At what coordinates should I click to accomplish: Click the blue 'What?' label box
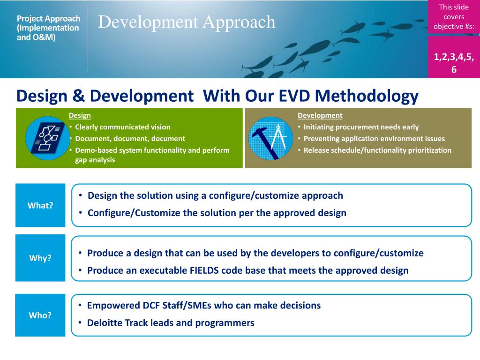coord(40,205)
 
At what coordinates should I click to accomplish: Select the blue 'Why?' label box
coord(40,258)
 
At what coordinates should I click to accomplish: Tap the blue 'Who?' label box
coord(40,315)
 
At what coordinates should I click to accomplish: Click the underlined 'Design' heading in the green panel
coord(80,115)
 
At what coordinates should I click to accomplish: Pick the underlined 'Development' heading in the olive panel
coord(320,115)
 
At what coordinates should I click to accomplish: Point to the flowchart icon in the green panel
coord(47,138)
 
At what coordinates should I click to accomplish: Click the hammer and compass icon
coord(270,138)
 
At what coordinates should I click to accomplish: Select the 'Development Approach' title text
coord(187,22)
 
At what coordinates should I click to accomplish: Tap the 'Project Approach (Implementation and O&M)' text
coord(48,28)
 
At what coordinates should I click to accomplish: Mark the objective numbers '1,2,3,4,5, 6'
coord(454,63)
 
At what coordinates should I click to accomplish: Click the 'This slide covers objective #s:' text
coord(454,17)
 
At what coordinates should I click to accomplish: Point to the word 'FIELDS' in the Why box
coord(204,270)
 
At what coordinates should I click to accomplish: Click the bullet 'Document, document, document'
coord(130,139)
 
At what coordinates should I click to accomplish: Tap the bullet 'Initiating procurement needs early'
coord(361,127)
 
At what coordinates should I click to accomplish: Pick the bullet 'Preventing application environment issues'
coord(374,139)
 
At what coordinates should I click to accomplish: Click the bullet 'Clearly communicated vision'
coord(123,127)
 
